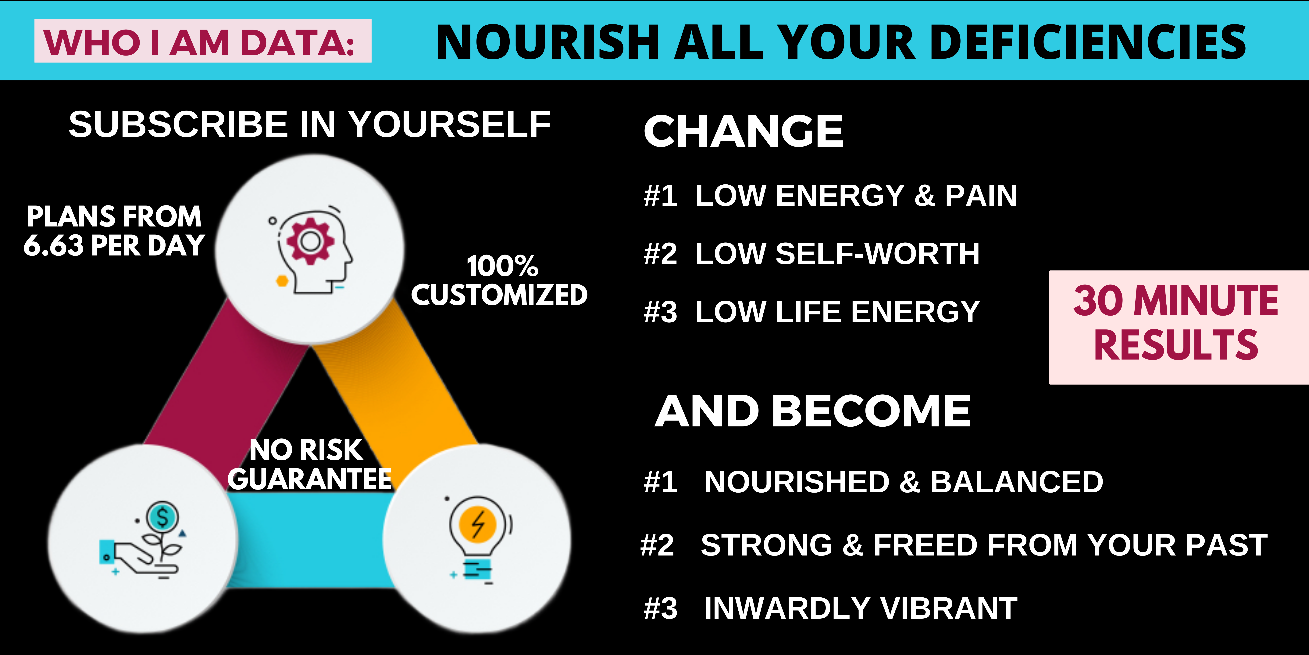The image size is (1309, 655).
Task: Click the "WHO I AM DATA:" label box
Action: tap(203, 41)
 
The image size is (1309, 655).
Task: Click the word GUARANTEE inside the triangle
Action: tap(309, 479)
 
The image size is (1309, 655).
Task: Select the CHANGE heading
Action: tap(744, 131)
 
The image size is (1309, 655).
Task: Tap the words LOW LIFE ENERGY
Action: tap(837, 312)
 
